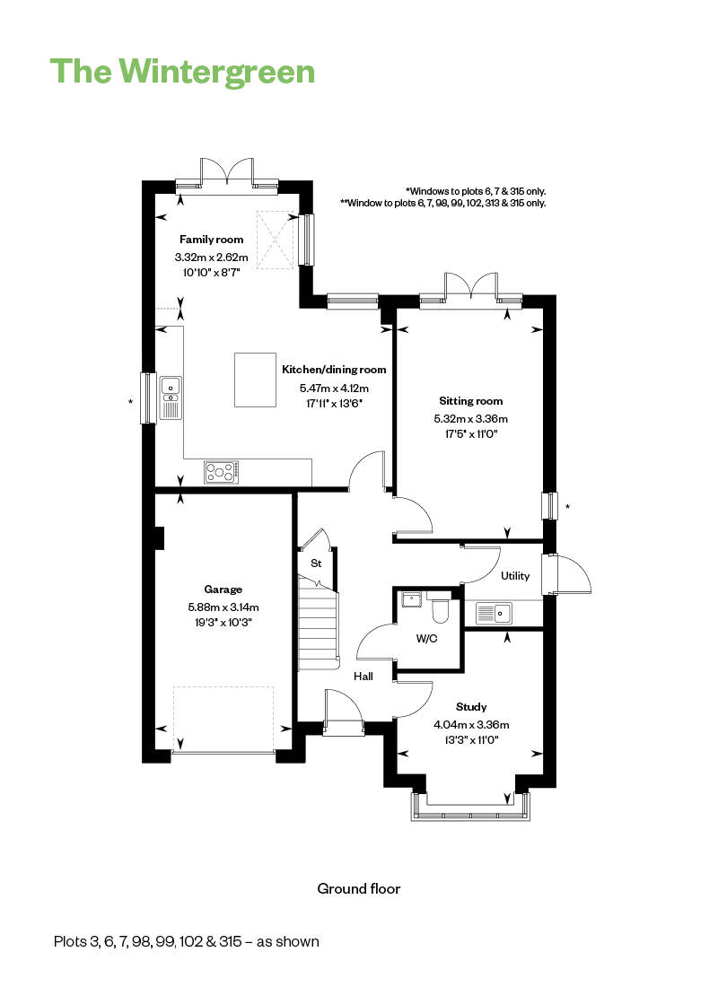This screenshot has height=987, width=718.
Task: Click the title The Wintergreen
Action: point(183,71)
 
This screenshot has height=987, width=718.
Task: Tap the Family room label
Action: point(211,240)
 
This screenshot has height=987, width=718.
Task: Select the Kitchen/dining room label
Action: point(334,370)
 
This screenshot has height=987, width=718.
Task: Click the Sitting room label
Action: point(470,401)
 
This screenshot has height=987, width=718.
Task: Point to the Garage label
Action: point(223,590)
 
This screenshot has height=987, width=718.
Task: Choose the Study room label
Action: point(471,707)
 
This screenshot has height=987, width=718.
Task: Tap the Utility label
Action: point(515,576)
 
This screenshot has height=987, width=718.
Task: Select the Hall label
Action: point(363,677)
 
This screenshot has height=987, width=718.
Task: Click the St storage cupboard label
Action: point(316,563)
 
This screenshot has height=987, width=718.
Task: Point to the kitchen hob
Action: point(222,471)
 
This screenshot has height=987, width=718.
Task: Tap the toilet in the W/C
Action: point(440,610)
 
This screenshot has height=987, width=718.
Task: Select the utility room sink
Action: point(493,614)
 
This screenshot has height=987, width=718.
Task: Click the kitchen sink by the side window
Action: point(170,397)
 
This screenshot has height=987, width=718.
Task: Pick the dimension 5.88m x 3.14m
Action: point(223,607)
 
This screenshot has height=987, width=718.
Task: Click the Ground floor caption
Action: point(358,889)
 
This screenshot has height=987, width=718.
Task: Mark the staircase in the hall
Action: point(319,628)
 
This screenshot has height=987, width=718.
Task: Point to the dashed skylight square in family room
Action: point(276,239)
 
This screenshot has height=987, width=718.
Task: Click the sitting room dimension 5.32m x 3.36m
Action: point(470,418)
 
